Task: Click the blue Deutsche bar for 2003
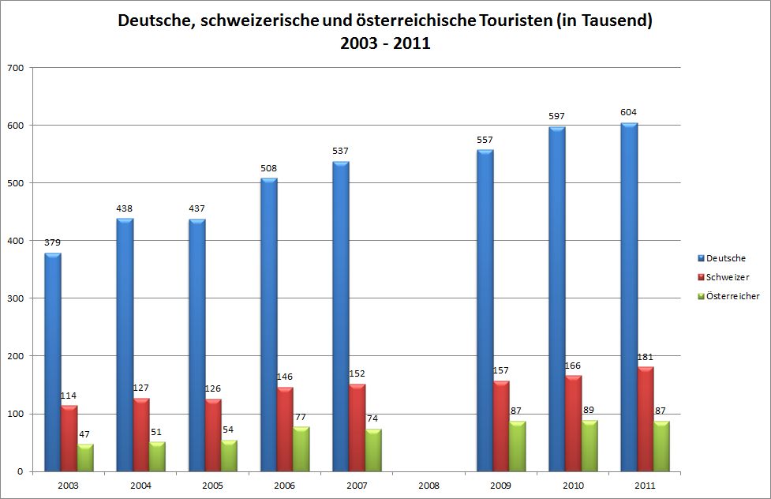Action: click(x=53, y=362)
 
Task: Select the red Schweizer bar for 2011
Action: click(x=646, y=419)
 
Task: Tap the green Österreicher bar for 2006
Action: click(x=301, y=449)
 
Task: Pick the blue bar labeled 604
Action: click(x=629, y=298)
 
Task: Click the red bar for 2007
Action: click(x=357, y=428)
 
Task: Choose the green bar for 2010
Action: click(x=590, y=446)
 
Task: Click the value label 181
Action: click(x=646, y=356)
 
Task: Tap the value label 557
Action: click(x=485, y=140)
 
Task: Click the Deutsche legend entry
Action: click(x=725, y=258)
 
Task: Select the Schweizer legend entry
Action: click(x=727, y=277)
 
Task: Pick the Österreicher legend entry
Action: click(x=732, y=296)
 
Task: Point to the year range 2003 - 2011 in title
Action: click(x=385, y=43)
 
